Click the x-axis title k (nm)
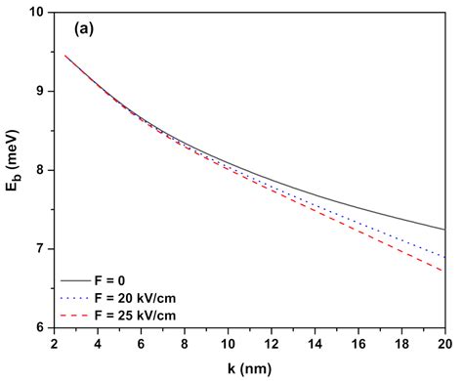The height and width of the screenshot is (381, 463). (x=249, y=367)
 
